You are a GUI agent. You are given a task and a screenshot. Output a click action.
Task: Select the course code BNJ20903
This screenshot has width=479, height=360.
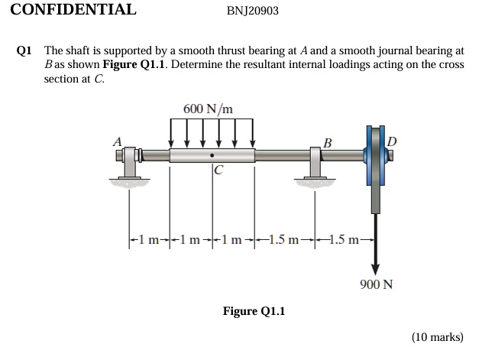pyautogui.click(x=253, y=11)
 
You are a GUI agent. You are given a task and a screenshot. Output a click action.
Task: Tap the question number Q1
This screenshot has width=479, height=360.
pyautogui.click(x=24, y=50)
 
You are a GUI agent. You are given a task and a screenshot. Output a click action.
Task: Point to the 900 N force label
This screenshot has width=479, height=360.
pyautogui.click(x=376, y=284)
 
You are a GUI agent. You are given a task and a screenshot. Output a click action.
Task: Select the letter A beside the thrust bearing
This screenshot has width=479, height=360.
pyautogui.click(x=117, y=141)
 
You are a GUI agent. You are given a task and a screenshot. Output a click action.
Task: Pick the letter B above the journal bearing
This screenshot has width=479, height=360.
pyautogui.click(x=328, y=142)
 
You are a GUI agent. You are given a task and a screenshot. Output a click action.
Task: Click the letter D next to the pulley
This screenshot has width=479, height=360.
pyautogui.click(x=393, y=141)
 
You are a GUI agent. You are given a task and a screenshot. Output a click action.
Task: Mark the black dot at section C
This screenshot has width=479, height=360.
pyautogui.click(x=213, y=156)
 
